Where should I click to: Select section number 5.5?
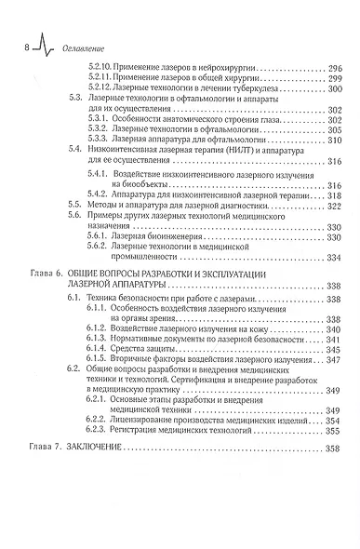pyautogui.click(x=81, y=218)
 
